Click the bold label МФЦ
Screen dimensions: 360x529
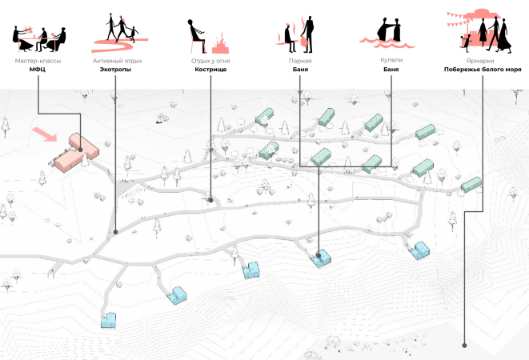click(x=38, y=70)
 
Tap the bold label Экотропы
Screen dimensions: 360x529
click(x=115, y=70)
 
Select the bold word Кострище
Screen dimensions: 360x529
click(x=210, y=70)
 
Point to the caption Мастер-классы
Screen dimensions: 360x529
click(x=38, y=61)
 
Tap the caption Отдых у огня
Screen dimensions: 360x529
click(x=210, y=61)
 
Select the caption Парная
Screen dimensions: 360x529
click(x=300, y=61)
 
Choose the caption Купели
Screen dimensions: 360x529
click(x=391, y=61)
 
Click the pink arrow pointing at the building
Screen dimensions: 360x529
click(x=45, y=133)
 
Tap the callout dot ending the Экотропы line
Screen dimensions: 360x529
click(x=116, y=233)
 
